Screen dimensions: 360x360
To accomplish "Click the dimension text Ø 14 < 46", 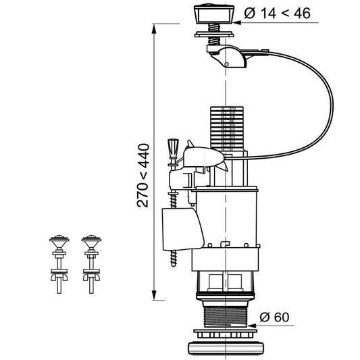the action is pos(278,13).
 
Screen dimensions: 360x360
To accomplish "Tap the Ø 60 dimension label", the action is pos(274,317).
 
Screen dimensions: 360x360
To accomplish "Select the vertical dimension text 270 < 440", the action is pos(143,176).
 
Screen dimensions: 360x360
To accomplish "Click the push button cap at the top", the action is pos(214,14).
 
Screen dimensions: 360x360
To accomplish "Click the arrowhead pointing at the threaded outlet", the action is pos(252,326).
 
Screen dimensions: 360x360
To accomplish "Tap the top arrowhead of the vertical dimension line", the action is pos(154,28).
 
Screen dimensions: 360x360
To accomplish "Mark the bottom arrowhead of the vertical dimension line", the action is pos(154,294).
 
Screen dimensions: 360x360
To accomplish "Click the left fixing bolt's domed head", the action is pos(59,240).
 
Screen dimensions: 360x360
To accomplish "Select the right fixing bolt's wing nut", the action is pos(91,277).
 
